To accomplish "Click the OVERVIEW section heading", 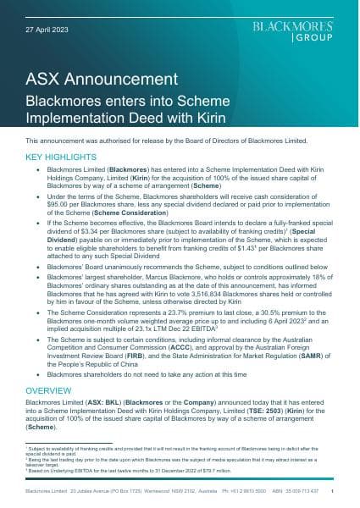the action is pyautogui.click(x=48, y=391).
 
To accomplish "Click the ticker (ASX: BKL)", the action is pyautogui.click(x=91, y=403).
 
